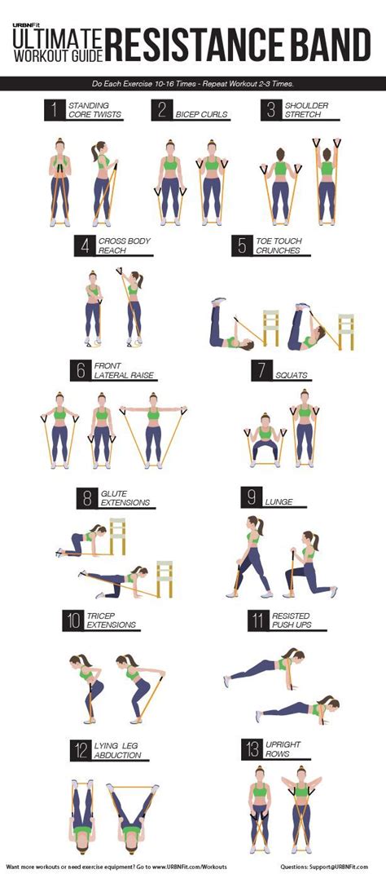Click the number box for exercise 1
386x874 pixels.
(55, 109)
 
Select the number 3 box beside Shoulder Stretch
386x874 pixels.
(270, 109)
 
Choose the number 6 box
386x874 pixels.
(80, 370)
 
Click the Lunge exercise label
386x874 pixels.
(281, 497)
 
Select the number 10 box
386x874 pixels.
(72, 620)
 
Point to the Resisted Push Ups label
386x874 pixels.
(290, 620)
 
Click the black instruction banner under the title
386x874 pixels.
(193, 83)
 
